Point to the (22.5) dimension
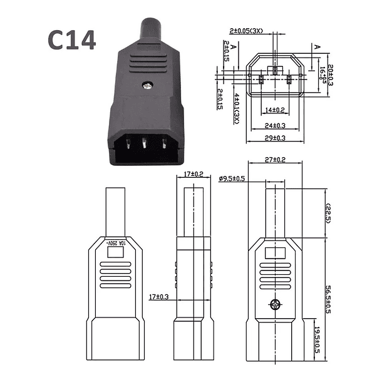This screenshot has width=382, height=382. click(328, 214)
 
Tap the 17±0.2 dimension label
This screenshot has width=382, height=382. click(194, 175)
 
